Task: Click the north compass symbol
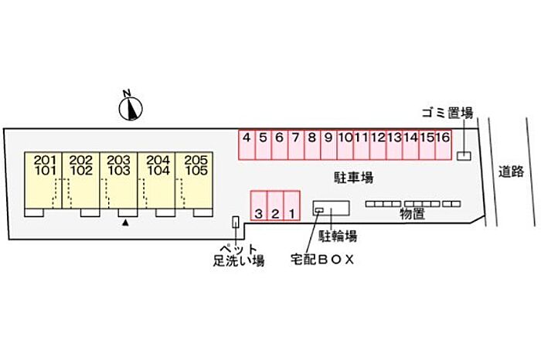(x=131, y=107)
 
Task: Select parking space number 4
(x=246, y=144)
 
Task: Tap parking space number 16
(x=443, y=144)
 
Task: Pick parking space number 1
(x=291, y=205)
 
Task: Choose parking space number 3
(x=259, y=205)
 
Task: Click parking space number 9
(x=328, y=144)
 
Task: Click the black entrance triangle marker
(x=124, y=222)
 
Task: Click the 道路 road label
(x=512, y=172)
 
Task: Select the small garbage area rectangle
(x=463, y=156)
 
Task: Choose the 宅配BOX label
(x=322, y=260)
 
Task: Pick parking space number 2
(x=275, y=205)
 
